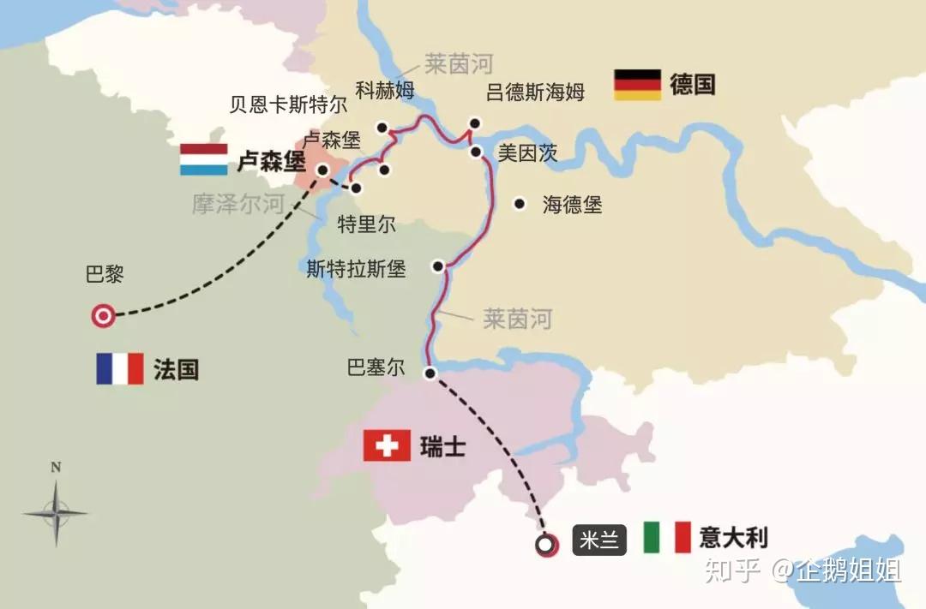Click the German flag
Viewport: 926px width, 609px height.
[x=637, y=85]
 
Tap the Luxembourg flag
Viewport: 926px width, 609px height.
[x=203, y=159]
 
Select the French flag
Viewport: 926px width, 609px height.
[x=119, y=369]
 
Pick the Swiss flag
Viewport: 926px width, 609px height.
[x=387, y=446]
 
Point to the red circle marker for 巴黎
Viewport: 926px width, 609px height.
[x=103, y=316]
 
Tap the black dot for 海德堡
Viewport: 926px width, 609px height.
[x=519, y=204]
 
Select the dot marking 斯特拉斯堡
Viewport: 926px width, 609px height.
[x=438, y=266]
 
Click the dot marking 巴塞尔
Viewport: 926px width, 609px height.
[x=430, y=372]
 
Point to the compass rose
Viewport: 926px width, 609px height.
[x=56, y=512]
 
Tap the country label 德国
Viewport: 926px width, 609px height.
[x=692, y=85]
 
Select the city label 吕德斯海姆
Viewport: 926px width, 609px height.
[x=535, y=93]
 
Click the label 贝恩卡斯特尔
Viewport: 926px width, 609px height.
[x=288, y=104]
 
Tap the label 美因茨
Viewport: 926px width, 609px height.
[x=528, y=153]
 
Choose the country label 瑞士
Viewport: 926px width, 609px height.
[x=442, y=446]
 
